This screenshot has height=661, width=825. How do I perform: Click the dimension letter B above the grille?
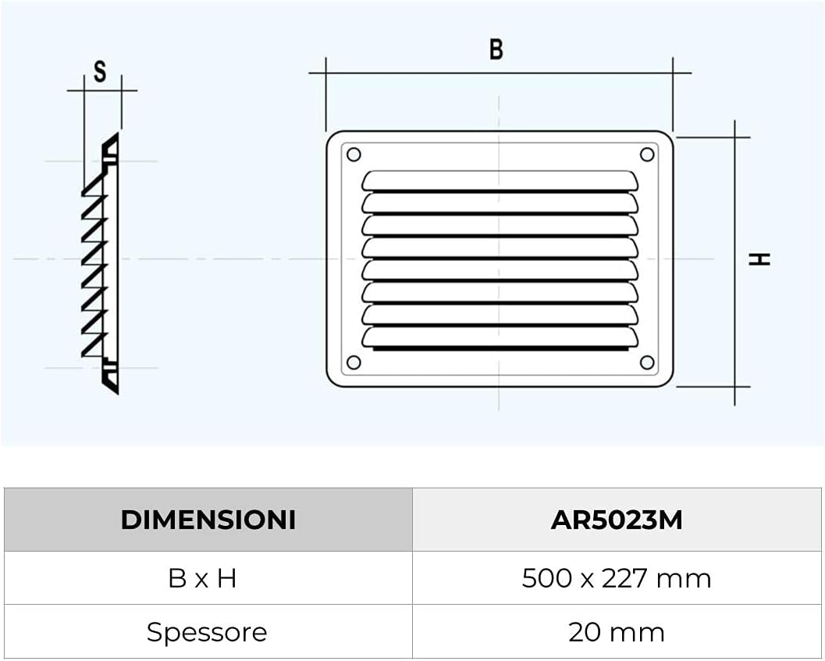496,49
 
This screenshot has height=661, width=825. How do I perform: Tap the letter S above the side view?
100,72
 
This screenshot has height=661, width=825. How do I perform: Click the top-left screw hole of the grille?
353,155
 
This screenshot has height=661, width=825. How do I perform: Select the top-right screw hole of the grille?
647,155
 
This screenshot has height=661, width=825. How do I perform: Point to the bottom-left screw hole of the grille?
353,363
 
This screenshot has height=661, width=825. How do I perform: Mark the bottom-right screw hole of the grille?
647,363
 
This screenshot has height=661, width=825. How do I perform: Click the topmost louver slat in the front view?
500,180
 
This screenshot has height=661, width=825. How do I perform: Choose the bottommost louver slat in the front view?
500,337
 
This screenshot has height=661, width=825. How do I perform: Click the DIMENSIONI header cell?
208,520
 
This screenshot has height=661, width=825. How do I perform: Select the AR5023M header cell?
617,520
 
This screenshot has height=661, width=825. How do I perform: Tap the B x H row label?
202,578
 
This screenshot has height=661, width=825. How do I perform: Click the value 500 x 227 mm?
617,578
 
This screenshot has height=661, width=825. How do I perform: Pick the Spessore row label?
207,632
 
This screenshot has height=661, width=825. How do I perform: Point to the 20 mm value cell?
617,632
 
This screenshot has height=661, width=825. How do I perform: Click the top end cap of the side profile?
111,148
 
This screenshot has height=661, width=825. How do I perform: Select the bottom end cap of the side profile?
111,378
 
